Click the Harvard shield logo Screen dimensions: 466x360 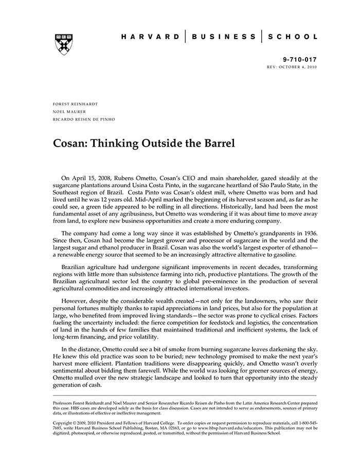tap(64, 43)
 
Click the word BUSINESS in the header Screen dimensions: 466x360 tap(224, 37)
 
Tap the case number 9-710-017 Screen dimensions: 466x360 tap(299, 60)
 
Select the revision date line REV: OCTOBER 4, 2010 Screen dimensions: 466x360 tap(292, 67)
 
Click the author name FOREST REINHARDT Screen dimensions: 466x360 tap(75, 103)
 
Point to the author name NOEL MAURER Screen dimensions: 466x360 tap(69, 111)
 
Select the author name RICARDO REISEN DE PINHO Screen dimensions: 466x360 tap(84, 119)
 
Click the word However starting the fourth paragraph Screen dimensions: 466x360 tap(74, 300)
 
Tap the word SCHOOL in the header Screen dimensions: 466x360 tap(295, 37)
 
